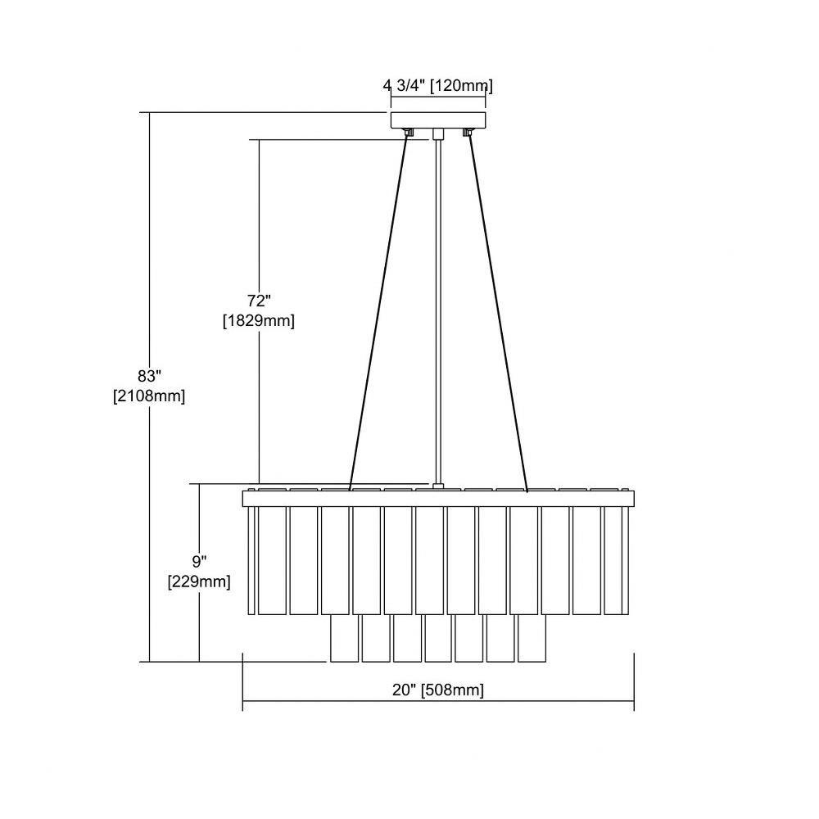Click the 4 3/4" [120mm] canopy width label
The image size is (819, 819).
click(437, 85)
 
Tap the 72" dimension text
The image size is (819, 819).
click(259, 301)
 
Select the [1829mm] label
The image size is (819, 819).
click(259, 320)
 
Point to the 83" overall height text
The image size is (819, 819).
click(149, 376)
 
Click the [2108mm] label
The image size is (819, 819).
click(149, 396)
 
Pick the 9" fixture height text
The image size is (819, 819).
click(199, 562)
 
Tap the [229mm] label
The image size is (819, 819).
click(199, 581)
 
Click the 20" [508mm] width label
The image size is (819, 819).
click(438, 690)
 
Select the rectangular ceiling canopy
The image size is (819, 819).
click(438, 120)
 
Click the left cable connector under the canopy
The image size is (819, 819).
click(409, 132)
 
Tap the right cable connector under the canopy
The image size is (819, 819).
click(468, 132)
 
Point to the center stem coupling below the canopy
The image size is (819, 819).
click(438, 133)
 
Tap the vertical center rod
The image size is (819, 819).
click(438, 311)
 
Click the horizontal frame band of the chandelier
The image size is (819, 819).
click(438, 499)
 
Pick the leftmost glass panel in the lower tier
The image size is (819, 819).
click(344, 638)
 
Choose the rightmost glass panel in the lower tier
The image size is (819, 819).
click(532, 638)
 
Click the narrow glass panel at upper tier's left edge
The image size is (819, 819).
click(251, 560)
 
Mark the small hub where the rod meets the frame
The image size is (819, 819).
click(438, 487)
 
